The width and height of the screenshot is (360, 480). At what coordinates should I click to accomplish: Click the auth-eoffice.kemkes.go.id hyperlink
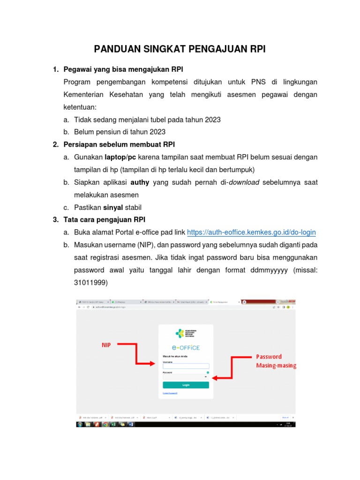tap(251, 232)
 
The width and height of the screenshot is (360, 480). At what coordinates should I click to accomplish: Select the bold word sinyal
tap(113, 207)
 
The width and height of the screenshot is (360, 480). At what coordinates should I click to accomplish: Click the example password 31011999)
tap(91, 283)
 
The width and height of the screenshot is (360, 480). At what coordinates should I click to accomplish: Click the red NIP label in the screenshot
tap(107, 345)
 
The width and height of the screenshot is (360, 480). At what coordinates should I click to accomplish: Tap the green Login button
tap(186, 385)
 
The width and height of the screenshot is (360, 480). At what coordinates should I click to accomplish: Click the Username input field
tap(186, 366)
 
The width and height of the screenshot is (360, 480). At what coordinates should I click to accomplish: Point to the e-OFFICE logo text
tap(186, 347)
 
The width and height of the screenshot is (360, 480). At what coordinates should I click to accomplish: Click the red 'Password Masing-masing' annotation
tap(276, 361)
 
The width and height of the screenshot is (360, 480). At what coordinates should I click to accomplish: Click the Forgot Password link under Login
tap(170, 393)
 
